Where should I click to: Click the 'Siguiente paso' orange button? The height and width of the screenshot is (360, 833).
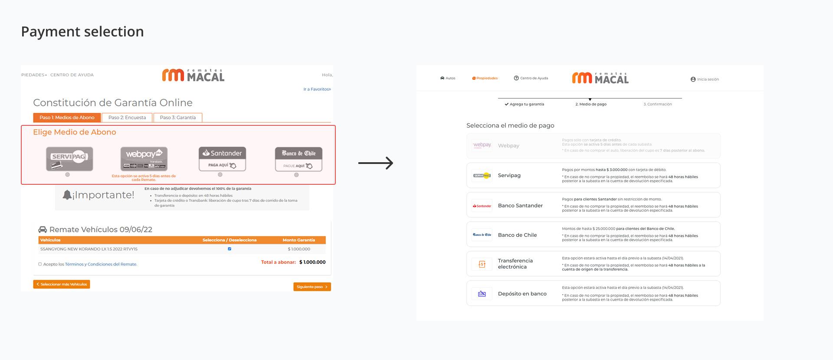coord(312,287)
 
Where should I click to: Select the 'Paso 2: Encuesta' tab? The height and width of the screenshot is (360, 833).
coord(127,118)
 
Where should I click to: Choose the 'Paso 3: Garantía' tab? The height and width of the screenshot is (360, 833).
coord(177,118)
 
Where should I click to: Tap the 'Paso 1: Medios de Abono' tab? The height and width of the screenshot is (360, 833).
coord(67,118)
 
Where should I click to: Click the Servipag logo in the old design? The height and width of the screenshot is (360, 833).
coord(69,159)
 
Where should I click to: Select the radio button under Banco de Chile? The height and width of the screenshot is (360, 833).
coord(296,175)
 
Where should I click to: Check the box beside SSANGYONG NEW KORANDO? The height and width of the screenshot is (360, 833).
coord(230,249)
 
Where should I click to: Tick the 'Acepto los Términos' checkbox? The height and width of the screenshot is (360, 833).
coord(40,264)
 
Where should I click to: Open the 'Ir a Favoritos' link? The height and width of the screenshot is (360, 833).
coord(317,89)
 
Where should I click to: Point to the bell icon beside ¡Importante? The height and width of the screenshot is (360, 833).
coord(67,195)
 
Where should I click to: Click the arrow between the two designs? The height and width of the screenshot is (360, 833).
coord(375,163)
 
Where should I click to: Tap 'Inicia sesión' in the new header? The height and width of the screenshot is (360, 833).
coord(705,79)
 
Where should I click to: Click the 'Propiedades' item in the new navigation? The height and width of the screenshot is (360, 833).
coord(485,79)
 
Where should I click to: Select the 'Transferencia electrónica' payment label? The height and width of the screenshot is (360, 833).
coord(515,264)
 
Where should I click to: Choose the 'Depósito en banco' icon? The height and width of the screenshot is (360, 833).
coord(482,294)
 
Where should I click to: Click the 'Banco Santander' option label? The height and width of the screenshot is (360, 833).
coord(520,206)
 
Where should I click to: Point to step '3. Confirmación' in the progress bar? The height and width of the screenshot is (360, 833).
coord(657,104)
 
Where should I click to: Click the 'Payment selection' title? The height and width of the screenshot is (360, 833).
coord(82,32)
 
